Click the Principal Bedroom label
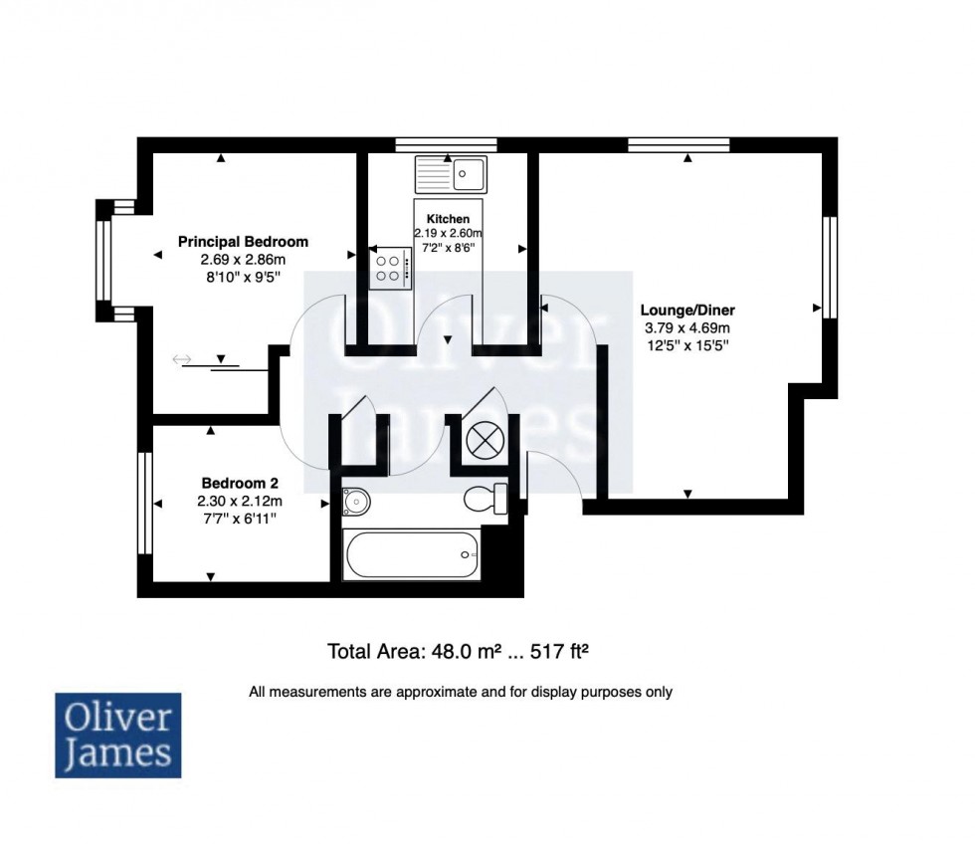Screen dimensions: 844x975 click(x=243, y=241)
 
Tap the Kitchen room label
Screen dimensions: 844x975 click(x=447, y=218)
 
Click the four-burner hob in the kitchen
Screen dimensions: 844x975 click(x=390, y=269)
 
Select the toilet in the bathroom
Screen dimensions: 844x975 click(x=487, y=498)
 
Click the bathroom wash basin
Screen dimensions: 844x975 click(x=354, y=501)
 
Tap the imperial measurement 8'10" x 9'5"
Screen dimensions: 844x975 click(x=243, y=278)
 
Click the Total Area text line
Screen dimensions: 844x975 click(x=461, y=652)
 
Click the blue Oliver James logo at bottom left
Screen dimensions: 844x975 click(x=117, y=735)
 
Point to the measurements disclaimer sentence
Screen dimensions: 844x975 click(x=461, y=692)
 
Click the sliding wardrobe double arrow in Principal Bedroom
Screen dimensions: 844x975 click(x=182, y=359)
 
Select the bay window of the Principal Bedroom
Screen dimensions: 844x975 click(x=103, y=261)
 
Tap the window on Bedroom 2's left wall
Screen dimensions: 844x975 click(x=145, y=504)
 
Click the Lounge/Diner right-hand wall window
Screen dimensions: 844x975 click(x=827, y=266)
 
